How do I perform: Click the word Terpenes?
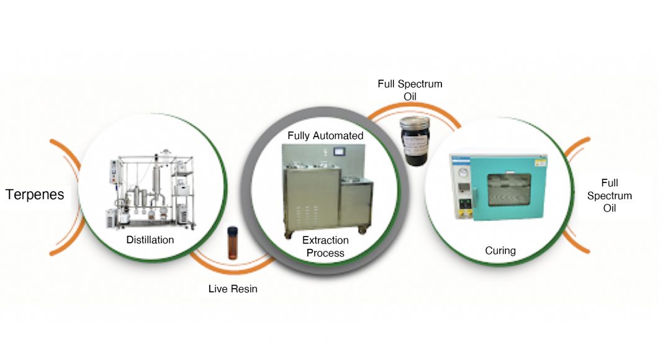coord(35,195)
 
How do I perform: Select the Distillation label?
coord(150,240)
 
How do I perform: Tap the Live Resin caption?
coord(233,289)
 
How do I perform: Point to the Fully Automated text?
coord(325,135)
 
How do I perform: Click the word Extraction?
coord(325,240)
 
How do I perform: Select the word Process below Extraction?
coord(325,253)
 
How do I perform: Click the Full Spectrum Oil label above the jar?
coord(410,90)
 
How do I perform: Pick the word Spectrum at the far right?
coord(610,196)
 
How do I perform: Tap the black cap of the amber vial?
coord(233,229)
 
